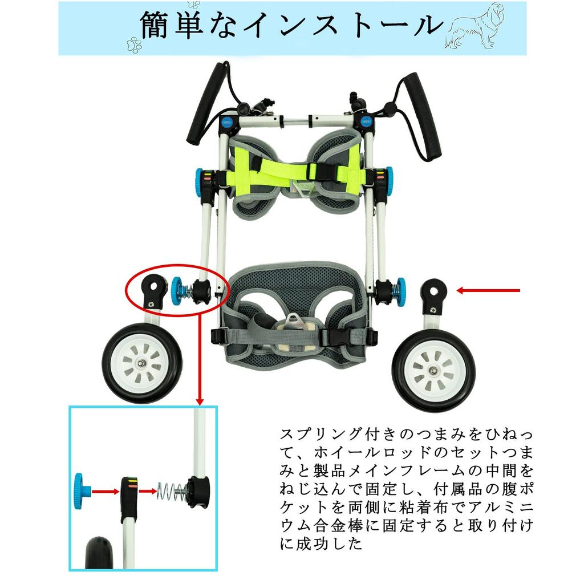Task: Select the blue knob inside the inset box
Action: click(82, 489)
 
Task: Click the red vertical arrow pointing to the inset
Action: click(200, 354)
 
